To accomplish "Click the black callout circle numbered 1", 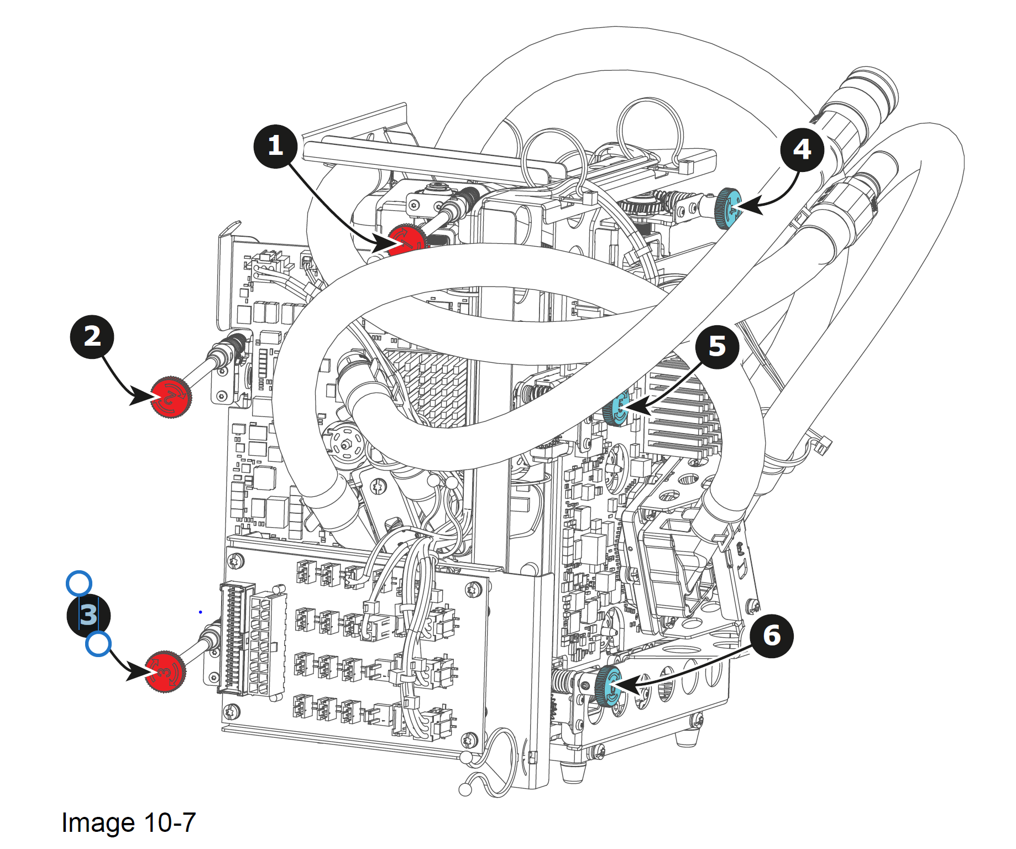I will pos(275,147).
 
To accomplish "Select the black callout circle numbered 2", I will pos(92,337).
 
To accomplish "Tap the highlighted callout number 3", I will pos(88,615).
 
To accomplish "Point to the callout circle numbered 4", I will pos(802,149).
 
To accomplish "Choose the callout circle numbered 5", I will pos(717,347).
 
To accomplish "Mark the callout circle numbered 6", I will pos(772,636).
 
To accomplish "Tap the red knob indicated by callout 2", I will pos(171,397).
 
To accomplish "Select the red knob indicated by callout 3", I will pos(165,671).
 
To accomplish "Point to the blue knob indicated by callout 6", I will pos(608,686).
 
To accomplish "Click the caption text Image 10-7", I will pos(129,822).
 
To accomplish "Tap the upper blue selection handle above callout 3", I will pos(78,584).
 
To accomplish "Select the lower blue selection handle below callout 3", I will pos(98,645).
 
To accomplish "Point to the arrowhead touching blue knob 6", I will pos(630,686).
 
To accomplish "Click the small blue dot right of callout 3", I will pos(200,612).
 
